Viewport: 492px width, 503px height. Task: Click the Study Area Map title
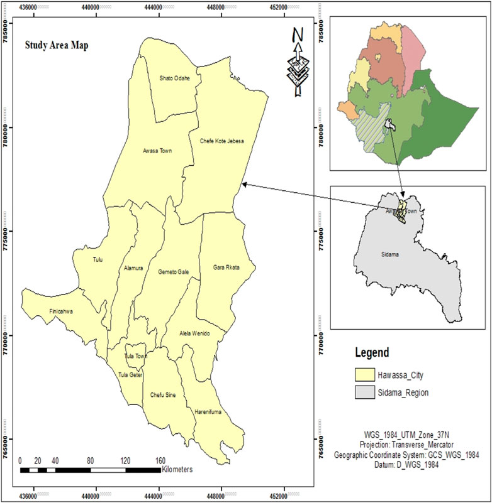55,46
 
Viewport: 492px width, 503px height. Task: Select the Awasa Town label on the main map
157,151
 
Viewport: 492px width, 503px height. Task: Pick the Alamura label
133,268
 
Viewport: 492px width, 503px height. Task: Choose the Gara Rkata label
227,267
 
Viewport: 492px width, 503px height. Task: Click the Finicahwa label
61,311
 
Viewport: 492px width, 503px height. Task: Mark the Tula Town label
135,356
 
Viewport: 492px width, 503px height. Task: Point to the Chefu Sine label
163,395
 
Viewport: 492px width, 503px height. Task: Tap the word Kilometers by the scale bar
177,469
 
